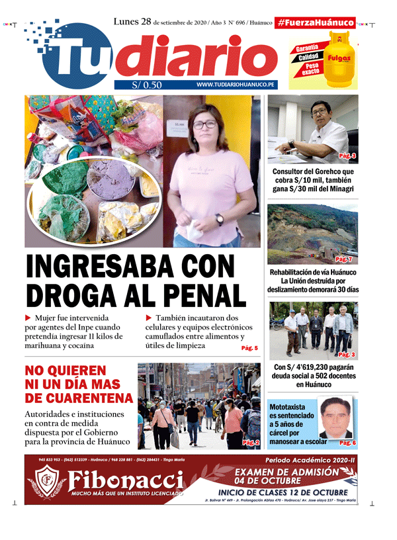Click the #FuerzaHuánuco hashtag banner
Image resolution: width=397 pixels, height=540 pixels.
pyautogui.click(x=316, y=22)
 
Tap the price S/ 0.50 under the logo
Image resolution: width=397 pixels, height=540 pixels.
pyautogui.click(x=147, y=85)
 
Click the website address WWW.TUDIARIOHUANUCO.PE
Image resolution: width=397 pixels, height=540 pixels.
pyautogui.click(x=236, y=85)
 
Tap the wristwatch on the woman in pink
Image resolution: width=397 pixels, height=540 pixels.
pyautogui.click(x=219, y=218)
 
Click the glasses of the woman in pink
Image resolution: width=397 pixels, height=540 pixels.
pyautogui.click(x=204, y=124)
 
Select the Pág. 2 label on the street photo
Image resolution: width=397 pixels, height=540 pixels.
pyautogui.click(x=251, y=442)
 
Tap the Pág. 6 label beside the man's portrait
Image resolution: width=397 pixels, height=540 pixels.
pyautogui.click(x=347, y=442)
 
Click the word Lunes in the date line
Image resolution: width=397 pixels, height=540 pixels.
pyautogui.click(x=126, y=21)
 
